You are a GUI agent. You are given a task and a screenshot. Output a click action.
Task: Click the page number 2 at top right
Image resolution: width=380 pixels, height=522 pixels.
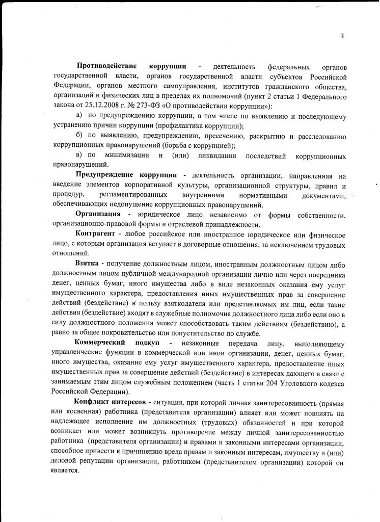point(343,35)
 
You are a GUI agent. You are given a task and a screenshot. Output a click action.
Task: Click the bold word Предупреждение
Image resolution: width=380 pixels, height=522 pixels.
point(108,175)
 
